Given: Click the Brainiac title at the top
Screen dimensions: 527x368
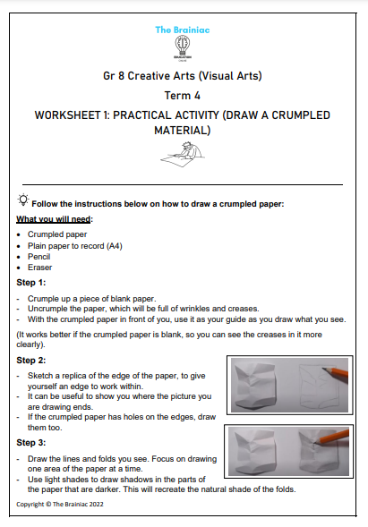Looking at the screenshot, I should [x=183, y=30].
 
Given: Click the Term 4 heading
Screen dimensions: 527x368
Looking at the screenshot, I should [x=183, y=96].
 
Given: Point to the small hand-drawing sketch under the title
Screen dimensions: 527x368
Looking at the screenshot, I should [x=183, y=159].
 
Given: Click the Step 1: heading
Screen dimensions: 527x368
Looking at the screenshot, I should [x=33, y=283].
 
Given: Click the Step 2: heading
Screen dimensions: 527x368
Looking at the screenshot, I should [x=33, y=361].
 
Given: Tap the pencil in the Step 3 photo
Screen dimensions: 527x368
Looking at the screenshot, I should [x=331, y=439].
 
